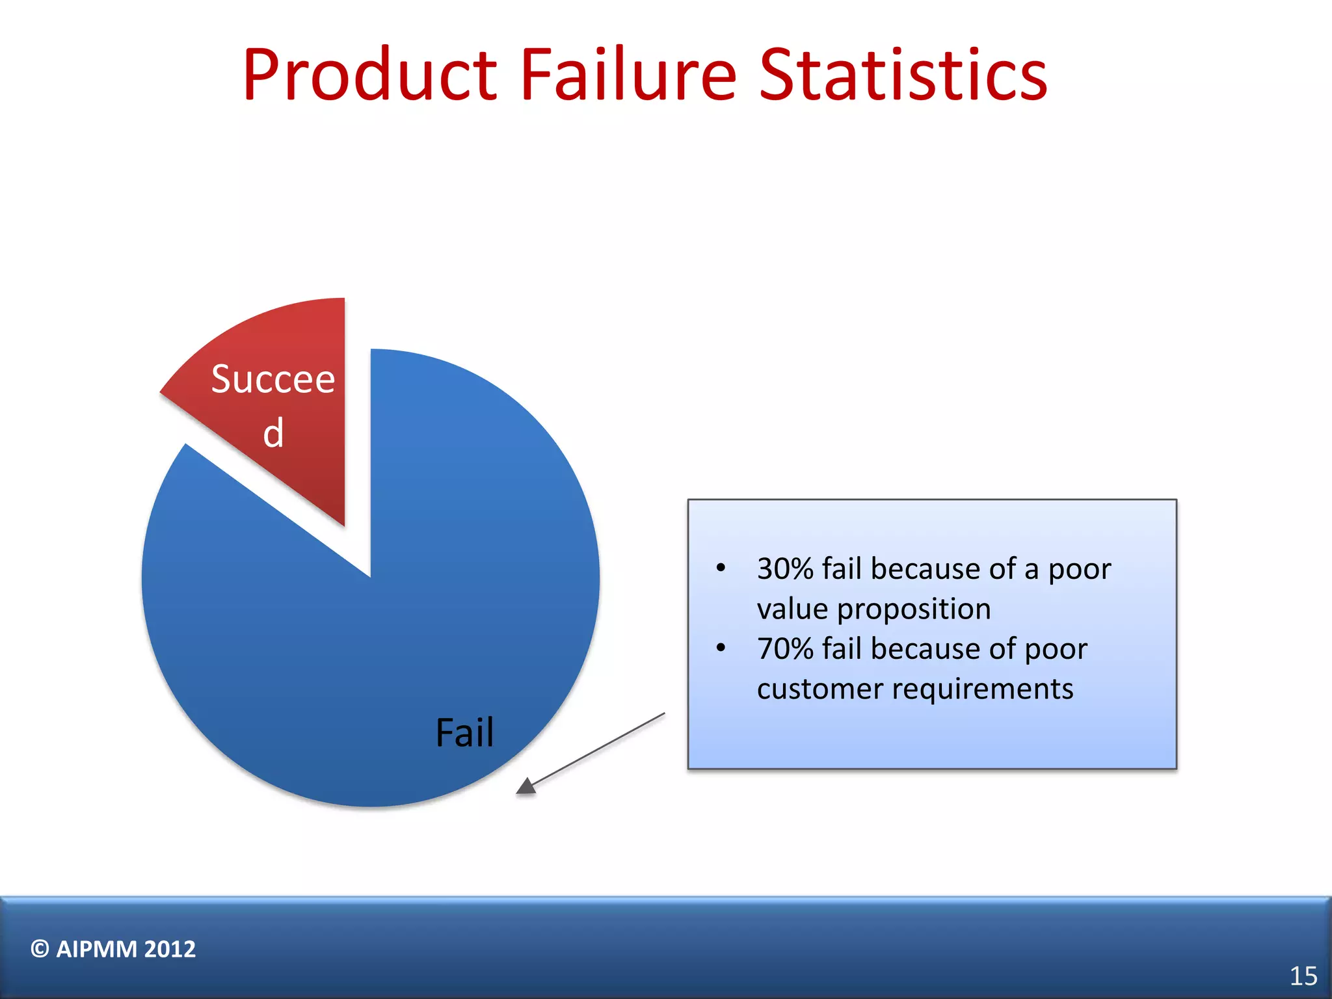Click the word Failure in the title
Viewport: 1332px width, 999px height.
pos(628,75)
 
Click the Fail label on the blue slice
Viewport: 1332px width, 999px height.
pos(464,733)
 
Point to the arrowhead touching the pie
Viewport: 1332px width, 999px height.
pos(526,787)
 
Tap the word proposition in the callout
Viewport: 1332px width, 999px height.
pos(913,610)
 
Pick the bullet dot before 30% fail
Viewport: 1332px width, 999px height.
pos(721,568)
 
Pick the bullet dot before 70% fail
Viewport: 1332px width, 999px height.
pos(721,648)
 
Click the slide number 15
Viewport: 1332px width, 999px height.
pos(1303,976)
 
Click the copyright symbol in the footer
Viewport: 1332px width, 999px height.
pos(40,949)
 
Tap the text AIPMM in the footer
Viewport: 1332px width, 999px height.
pos(96,949)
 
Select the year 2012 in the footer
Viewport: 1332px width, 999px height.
pos(170,949)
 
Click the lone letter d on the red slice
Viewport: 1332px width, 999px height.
pos(274,433)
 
